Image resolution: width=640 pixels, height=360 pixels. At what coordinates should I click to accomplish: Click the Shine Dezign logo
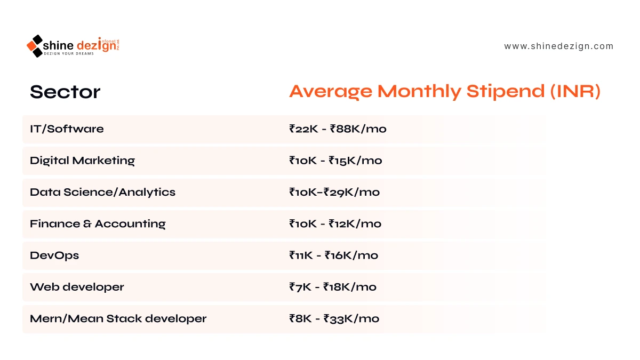click(x=73, y=46)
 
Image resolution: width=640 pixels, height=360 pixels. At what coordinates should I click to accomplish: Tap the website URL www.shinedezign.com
click(x=558, y=46)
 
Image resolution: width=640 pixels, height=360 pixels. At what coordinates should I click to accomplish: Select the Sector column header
click(x=65, y=92)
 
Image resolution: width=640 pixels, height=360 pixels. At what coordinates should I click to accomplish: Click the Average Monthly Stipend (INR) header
click(x=445, y=91)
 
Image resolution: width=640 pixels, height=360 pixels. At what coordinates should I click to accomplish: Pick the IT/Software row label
click(x=67, y=129)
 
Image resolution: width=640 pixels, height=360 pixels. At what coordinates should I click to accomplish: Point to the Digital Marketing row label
click(x=82, y=161)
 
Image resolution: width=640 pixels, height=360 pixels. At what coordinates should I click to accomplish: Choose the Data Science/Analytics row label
click(x=102, y=193)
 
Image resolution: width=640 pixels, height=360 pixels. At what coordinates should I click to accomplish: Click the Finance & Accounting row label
click(x=98, y=223)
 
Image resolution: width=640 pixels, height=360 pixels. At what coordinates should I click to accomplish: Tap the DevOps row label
click(x=54, y=255)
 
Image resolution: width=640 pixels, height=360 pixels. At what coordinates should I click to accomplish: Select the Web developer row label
click(x=77, y=287)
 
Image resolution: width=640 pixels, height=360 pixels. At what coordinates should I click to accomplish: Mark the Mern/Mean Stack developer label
click(x=118, y=318)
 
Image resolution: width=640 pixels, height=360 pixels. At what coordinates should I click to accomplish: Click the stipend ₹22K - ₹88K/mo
click(x=338, y=129)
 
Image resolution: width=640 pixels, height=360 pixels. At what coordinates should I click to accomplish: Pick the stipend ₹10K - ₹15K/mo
click(x=335, y=161)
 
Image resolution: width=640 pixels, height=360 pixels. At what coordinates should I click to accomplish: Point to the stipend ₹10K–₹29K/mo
click(x=334, y=192)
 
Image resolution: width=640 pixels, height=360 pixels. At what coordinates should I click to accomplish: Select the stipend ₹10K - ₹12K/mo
click(x=335, y=223)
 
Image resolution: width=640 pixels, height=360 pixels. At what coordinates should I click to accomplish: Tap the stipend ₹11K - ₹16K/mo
click(x=333, y=255)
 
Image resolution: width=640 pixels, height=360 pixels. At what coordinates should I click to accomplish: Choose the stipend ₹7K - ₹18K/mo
click(x=333, y=287)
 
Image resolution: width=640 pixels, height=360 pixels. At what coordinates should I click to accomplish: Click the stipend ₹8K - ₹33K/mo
click(x=334, y=318)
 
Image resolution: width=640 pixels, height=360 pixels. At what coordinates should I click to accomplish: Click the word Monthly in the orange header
click(x=419, y=91)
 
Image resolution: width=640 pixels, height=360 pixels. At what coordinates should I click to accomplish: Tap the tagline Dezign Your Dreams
click(x=69, y=54)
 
